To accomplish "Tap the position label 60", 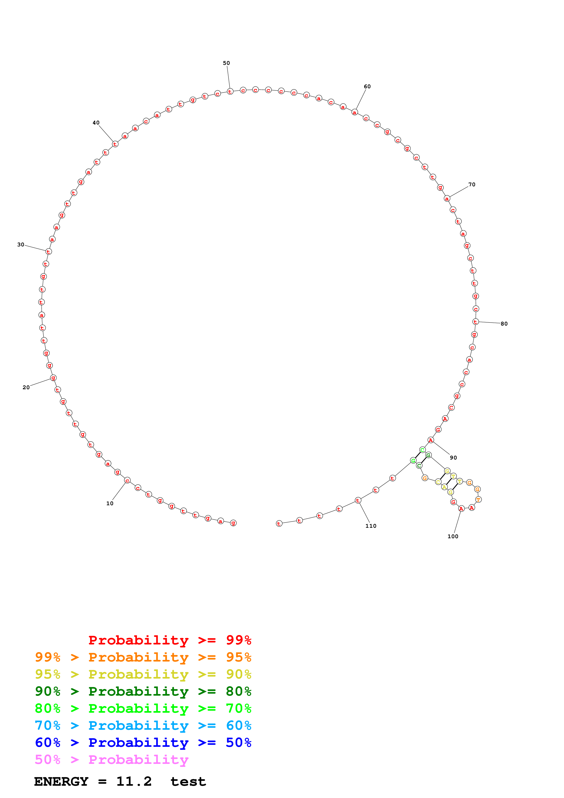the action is pyautogui.click(x=367, y=86).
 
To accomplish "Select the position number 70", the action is pyautogui.click(x=472, y=184).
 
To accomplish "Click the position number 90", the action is pyautogui.click(x=453, y=458).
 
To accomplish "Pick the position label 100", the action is pyautogui.click(x=453, y=536).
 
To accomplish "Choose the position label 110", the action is pyautogui.click(x=371, y=526).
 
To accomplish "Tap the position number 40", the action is pyautogui.click(x=96, y=123).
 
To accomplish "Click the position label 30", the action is pyautogui.click(x=21, y=245).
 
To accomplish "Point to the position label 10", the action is pyautogui.click(x=110, y=503).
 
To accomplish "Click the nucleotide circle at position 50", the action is pyautogui.click(x=230, y=91).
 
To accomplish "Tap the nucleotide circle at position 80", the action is pyautogui.click(x=476, y=322).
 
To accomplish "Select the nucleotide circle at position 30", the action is pyautogui.click(x=48, y=252).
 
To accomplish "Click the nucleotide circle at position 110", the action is pyautogui.click(x=358, y=500).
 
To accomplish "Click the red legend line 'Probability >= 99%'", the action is pyautogui.click(x=169, y=640).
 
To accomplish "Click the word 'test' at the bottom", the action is pyautogui.click(x=188, y=782).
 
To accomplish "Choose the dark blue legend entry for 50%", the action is pyautogui.click(x=143, y=742).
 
